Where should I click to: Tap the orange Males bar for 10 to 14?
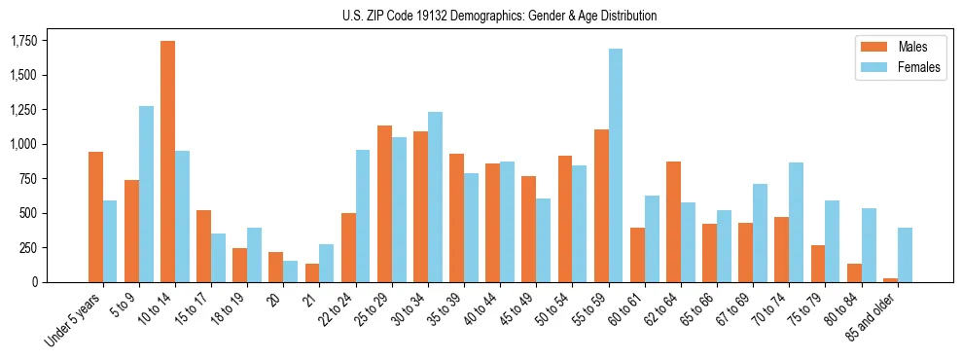point(167,162)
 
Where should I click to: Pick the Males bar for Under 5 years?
point(95,217)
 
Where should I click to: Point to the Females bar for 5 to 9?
point(146,194)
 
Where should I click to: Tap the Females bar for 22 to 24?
point(363,216)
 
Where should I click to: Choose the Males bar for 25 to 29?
point(384,203)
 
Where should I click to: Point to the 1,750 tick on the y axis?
point(23,41)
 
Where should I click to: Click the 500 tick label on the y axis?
point(29,213)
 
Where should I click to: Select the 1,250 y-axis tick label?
point(23,110)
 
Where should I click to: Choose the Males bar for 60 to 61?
point(637,255)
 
